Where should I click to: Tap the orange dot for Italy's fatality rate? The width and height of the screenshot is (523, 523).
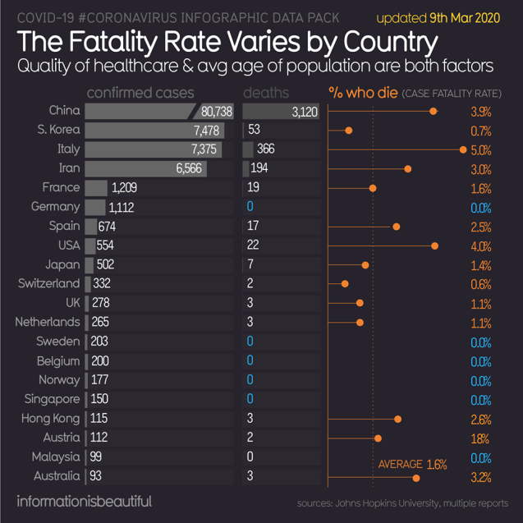click(x=463, y=149)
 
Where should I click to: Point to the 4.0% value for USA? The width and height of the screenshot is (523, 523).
click(x=481, y=246)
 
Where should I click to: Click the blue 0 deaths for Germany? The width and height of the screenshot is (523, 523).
click(x=249, y=207)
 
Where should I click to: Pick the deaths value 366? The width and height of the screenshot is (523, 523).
click(x=265, y=149)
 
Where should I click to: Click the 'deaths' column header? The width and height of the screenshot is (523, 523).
click(x=266, y=93)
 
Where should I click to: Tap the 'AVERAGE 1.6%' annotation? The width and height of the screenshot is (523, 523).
click(x=412, y=465)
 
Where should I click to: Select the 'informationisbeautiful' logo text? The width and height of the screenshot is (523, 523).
click(x=85, y=501)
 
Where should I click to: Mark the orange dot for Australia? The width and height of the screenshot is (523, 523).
click(x=416, y=477)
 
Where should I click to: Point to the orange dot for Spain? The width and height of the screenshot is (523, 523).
click(x=397, y=227)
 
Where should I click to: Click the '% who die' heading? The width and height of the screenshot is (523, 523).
click(x=362, y=93)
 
